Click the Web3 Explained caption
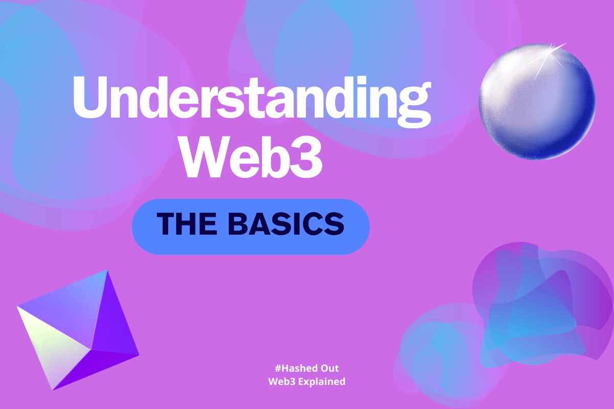pyautogui.click(x=306, y=381)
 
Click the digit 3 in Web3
pyautogui.click(x=308, y=155)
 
